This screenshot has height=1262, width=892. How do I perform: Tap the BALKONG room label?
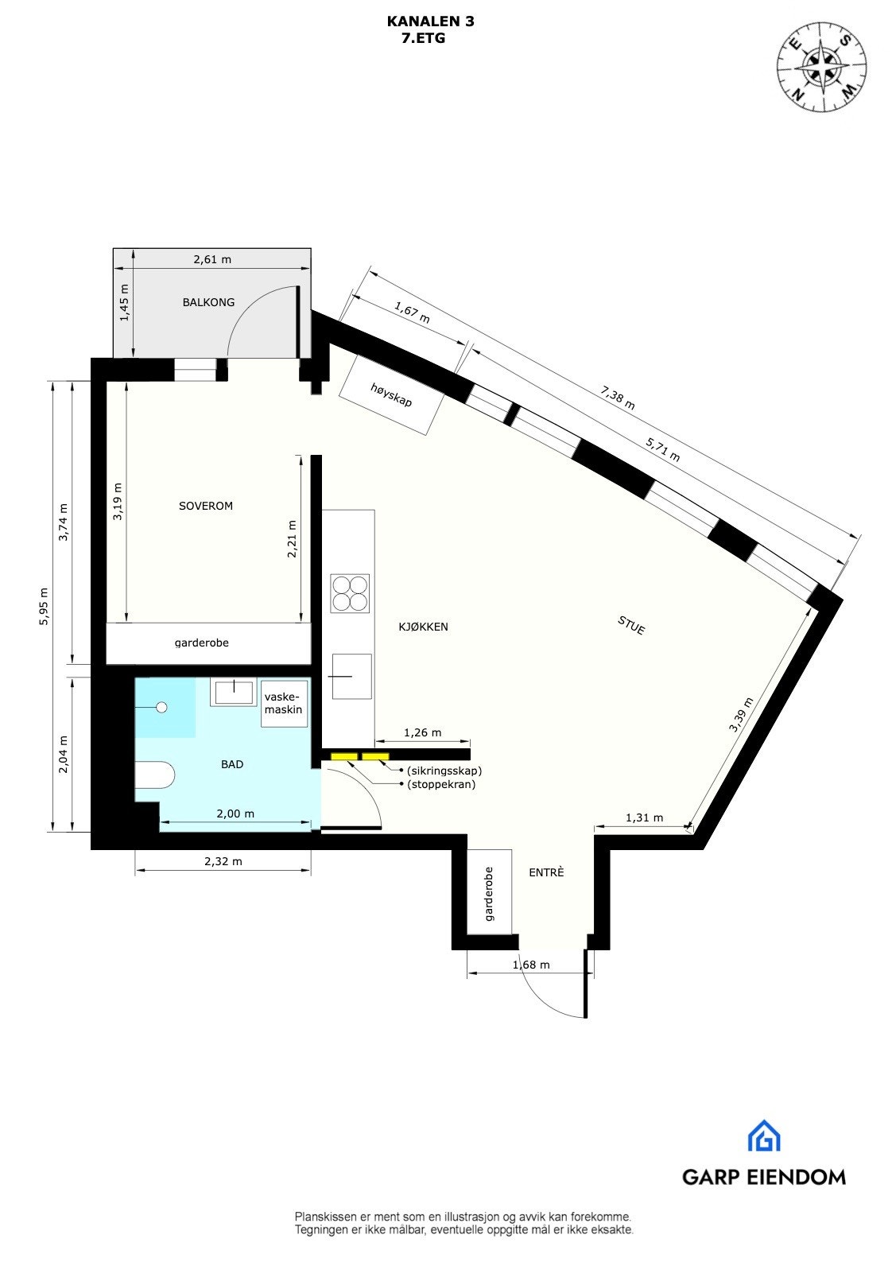pyautogui.click(x=208, y=302)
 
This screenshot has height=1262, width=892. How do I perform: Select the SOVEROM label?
pyautogui.click(x=206, y=506)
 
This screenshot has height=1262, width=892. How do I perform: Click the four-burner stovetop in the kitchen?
pyautogui.click(x=350, y=593)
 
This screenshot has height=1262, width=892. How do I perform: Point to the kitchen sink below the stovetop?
pyautogui.click(x=351, y=676)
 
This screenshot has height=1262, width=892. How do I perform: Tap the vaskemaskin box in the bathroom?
pyautogui.click(x=284, y=704)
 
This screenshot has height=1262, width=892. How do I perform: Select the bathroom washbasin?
pyautogui.click(x=232, y=692)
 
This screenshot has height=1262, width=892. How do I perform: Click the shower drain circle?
pyautogui.click(x=163, y=707)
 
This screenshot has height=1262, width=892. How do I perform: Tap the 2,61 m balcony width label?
pyautogui.click(x=212, y=259)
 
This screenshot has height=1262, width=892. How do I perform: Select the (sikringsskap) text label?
pyautogui.click(x=444, y=771)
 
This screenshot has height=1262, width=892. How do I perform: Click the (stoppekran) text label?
pyautogui.click(x=441, y=784)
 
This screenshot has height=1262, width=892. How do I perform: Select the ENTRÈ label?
pyautogui.click(x=546, y=872)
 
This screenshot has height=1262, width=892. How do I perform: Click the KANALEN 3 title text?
pyautogui.click(x=430, y=21)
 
